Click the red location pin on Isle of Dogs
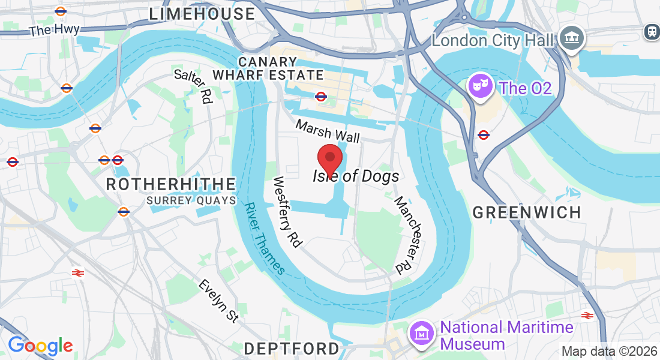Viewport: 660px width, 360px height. pyautogui.click(x=329, y=158)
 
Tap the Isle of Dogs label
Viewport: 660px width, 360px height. pyautogui.click(x=356, y=176)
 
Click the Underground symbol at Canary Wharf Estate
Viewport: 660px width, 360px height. pyautogui.click(x=321, y=96)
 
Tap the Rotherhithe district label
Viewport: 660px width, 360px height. pyautogui.click(x=171, y=184)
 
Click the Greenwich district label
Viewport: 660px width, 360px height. pyautogui.click(x=527, y=212)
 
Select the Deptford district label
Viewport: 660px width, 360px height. pyautogui.click(x=292, y=348)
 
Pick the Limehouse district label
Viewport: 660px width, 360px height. pyautogui.click(x=202, y=14)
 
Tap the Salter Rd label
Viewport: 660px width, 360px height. pyautogui.click(x=194, y=85)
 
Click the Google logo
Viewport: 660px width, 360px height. pyautogui.click(x=40, y=346)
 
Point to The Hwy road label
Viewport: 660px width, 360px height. pyautogui.click(x=54, y=28)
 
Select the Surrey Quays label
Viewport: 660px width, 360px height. pyautogui.click(x=191, y=200)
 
